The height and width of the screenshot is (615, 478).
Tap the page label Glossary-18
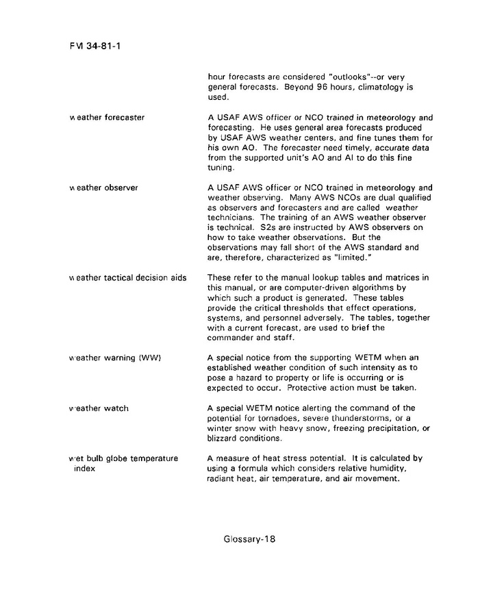point(249,538)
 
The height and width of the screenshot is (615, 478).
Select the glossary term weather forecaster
point(107,117)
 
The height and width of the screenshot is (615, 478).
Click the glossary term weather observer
point(103,187)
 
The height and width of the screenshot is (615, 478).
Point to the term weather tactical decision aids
point(127,277)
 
